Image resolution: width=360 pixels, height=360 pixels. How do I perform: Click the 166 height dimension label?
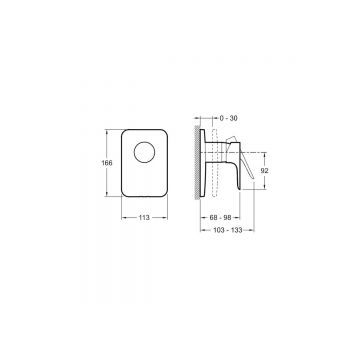(x=107, y=163)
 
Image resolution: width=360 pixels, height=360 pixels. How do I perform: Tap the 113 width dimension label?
(x=144, y=218)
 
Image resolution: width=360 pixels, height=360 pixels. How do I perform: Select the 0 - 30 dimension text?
(x=229, y=118)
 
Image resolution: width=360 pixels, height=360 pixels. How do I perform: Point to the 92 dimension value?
(x=265, y=171)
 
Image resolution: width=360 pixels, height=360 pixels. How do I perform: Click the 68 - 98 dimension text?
(x=220, y=218)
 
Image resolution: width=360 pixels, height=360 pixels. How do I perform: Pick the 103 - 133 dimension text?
(x=227, y=230)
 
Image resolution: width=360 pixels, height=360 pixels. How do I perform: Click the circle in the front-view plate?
(x=144, y=152)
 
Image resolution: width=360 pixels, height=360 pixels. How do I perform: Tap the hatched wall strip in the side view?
(x=197, y=163)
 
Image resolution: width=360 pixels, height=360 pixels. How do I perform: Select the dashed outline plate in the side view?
(x=214, y=163)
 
